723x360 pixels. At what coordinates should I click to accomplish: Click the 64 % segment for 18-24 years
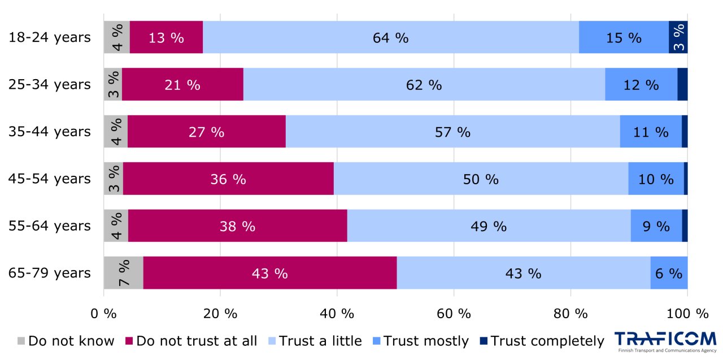(390, 38)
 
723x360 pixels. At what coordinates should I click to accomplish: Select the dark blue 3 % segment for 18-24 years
(678, 38)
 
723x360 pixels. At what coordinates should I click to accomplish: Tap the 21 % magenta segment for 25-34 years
(182, 85)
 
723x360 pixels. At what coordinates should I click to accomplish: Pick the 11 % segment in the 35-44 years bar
(651, 132)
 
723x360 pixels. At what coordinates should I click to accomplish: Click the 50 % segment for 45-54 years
(481, 179)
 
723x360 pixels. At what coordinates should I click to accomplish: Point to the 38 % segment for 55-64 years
(237, 226)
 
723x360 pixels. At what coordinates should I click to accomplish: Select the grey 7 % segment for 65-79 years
(123, 273)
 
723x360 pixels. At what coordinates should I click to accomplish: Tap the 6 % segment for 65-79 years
(669, 273)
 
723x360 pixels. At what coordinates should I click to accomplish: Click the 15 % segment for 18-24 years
(624, 38)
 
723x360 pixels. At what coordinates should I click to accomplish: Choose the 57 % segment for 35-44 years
(452, 132)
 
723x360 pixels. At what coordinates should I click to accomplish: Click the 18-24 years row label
(49, 38)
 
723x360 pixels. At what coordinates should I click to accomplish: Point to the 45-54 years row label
(49, 179)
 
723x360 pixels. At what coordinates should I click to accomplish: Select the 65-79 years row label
(49, 273)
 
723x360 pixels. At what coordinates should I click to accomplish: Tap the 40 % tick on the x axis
(337, 313)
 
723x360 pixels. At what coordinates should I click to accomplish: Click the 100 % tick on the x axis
(687, 313)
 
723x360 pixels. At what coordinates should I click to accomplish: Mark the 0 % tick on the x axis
(103, 313)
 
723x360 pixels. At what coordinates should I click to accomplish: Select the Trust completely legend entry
(542, 341)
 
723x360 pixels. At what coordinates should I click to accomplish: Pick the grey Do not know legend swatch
(21, 341)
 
